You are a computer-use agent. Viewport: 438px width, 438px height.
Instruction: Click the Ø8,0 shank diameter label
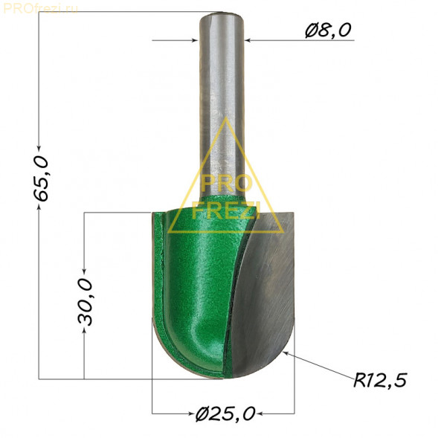(x=328, y=30)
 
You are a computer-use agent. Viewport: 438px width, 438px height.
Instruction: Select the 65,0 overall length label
(x=41, y=178)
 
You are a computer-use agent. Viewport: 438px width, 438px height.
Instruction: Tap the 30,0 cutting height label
(x=85, y=302)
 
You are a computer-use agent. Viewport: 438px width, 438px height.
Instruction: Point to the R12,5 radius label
(x=380, y=380)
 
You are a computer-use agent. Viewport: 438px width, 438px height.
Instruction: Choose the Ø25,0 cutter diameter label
(x=225, y=413)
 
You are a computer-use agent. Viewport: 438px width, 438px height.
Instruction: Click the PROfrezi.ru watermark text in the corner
(x=40, y=9)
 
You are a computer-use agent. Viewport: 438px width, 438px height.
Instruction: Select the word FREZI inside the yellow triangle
(x=226, y=210)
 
